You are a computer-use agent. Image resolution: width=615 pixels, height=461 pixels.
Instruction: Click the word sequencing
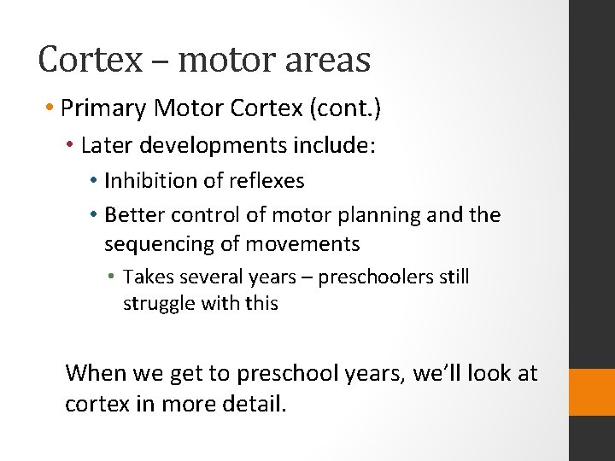click(x=151, y=244)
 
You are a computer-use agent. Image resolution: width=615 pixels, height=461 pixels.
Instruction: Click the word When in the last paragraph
click(x=96, y=373)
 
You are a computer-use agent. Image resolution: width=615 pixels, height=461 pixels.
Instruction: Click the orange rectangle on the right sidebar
click(x=591, y=392)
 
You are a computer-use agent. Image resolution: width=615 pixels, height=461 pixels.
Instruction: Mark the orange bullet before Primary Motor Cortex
click(x=52, y=109)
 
